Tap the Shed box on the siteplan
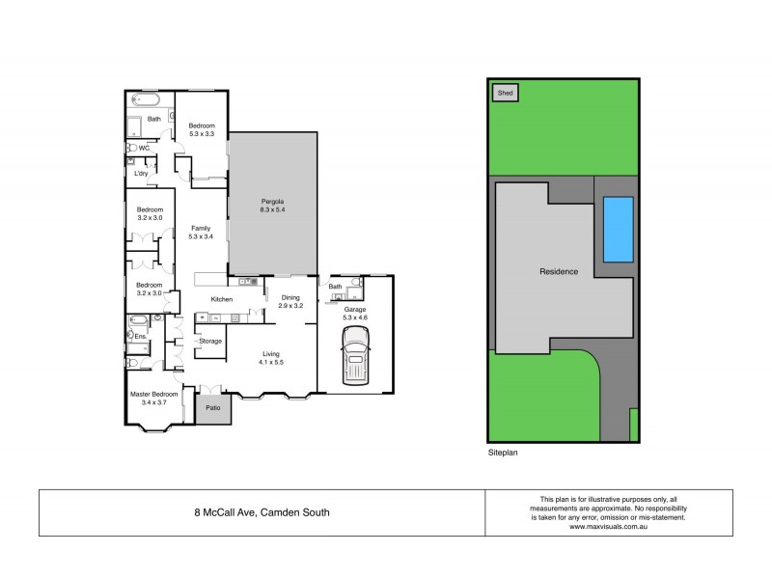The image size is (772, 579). point(505,94)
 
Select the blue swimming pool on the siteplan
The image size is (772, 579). point(618,230)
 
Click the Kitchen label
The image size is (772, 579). point(222,300)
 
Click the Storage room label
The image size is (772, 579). point(209,341)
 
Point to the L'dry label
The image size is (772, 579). point(141,174)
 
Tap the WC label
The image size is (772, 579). point(144,148)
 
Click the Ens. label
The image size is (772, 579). point(140,336)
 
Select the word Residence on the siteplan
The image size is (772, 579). point(558,271)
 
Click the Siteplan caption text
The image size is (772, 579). point(503,451)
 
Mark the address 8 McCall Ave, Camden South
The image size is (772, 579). point(262,512)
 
